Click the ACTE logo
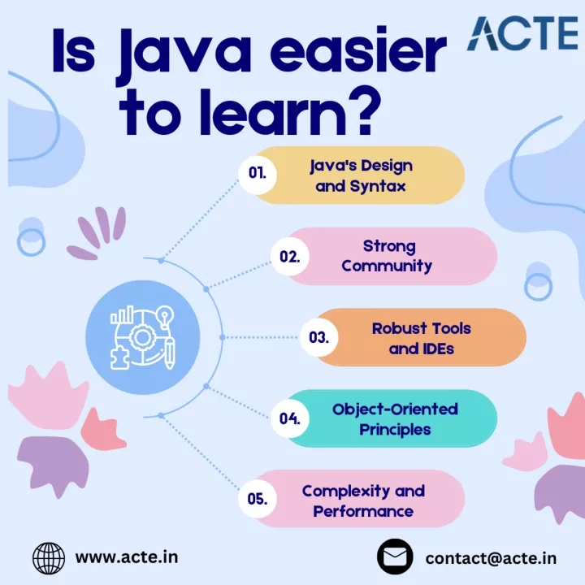(522, 33)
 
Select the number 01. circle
(258, 175)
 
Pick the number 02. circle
(290, 256)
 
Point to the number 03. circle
(319, 337)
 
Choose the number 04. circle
(290, 418)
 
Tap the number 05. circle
(258, 499)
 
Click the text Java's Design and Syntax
(361, 175)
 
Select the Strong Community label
(387, 256)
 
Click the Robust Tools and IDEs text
(421, 338)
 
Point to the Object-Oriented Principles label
(395, 419)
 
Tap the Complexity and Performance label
(363, 501)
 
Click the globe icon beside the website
(49, 558)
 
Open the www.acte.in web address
(127, 557)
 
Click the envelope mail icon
(395, 557)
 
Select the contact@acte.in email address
(491, 558)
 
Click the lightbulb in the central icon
(164, 316)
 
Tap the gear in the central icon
(141, 337)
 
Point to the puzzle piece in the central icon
(119, 358)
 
